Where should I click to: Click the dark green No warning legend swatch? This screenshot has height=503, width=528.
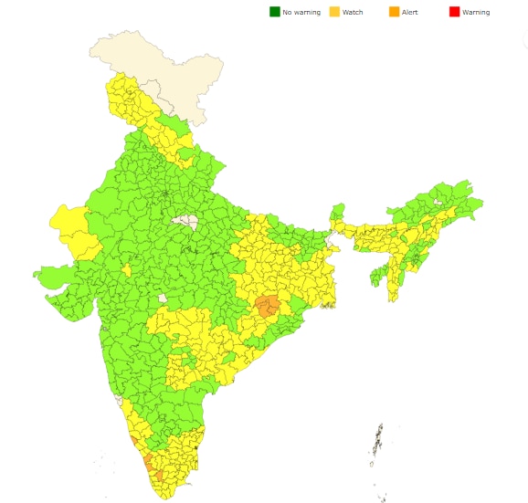coord(274,12)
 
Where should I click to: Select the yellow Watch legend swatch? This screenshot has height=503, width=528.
coord(334,12)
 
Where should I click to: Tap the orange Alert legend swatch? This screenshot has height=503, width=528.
coord(394,12)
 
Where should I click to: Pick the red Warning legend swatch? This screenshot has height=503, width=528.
coord(454,12)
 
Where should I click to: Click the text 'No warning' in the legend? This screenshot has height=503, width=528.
coord(301,12)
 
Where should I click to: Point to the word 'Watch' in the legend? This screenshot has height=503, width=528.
coord(353,12)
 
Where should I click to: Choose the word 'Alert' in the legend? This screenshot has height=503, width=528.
coord(410,12)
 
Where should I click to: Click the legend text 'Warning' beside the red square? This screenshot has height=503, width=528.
coord(476,12)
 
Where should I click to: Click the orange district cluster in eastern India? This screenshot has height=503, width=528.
coord(268,307)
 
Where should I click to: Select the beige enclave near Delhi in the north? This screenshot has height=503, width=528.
coord(187,221)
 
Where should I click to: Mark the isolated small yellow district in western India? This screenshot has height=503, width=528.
coord(126,270)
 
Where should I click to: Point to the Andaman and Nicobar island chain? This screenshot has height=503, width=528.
coord(376,443)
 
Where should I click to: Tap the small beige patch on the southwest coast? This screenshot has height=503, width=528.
coord(118,400)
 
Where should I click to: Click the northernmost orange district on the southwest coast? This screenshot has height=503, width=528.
coord(135,441)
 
